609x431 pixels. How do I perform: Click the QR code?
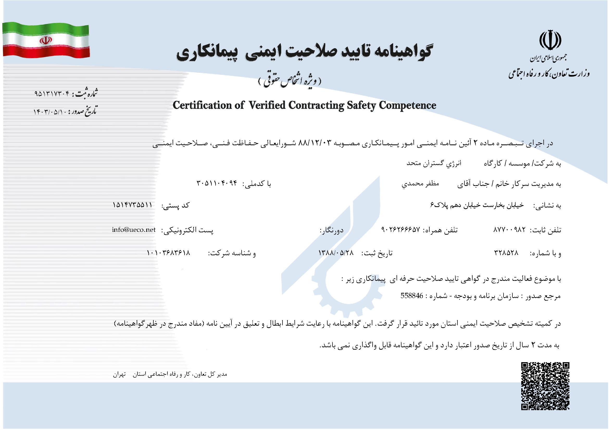pos(545,386)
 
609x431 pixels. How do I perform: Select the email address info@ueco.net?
pos(134,229)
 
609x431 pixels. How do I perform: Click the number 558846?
pos(412,296)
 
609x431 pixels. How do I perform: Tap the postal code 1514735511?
pos(132,205)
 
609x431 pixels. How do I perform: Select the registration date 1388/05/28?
pos(336,253)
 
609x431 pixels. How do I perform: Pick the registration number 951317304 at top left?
pos(52,94)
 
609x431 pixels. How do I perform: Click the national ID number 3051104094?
pos(216,183)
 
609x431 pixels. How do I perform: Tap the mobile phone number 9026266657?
pos(400,229)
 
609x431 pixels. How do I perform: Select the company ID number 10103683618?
pos(168,253)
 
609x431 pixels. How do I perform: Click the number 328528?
pos(506,253)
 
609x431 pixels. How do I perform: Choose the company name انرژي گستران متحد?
pos(434,163)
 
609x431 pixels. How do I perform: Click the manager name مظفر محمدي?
pos(420,184)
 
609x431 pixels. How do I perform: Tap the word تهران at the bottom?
pos(119,374)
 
